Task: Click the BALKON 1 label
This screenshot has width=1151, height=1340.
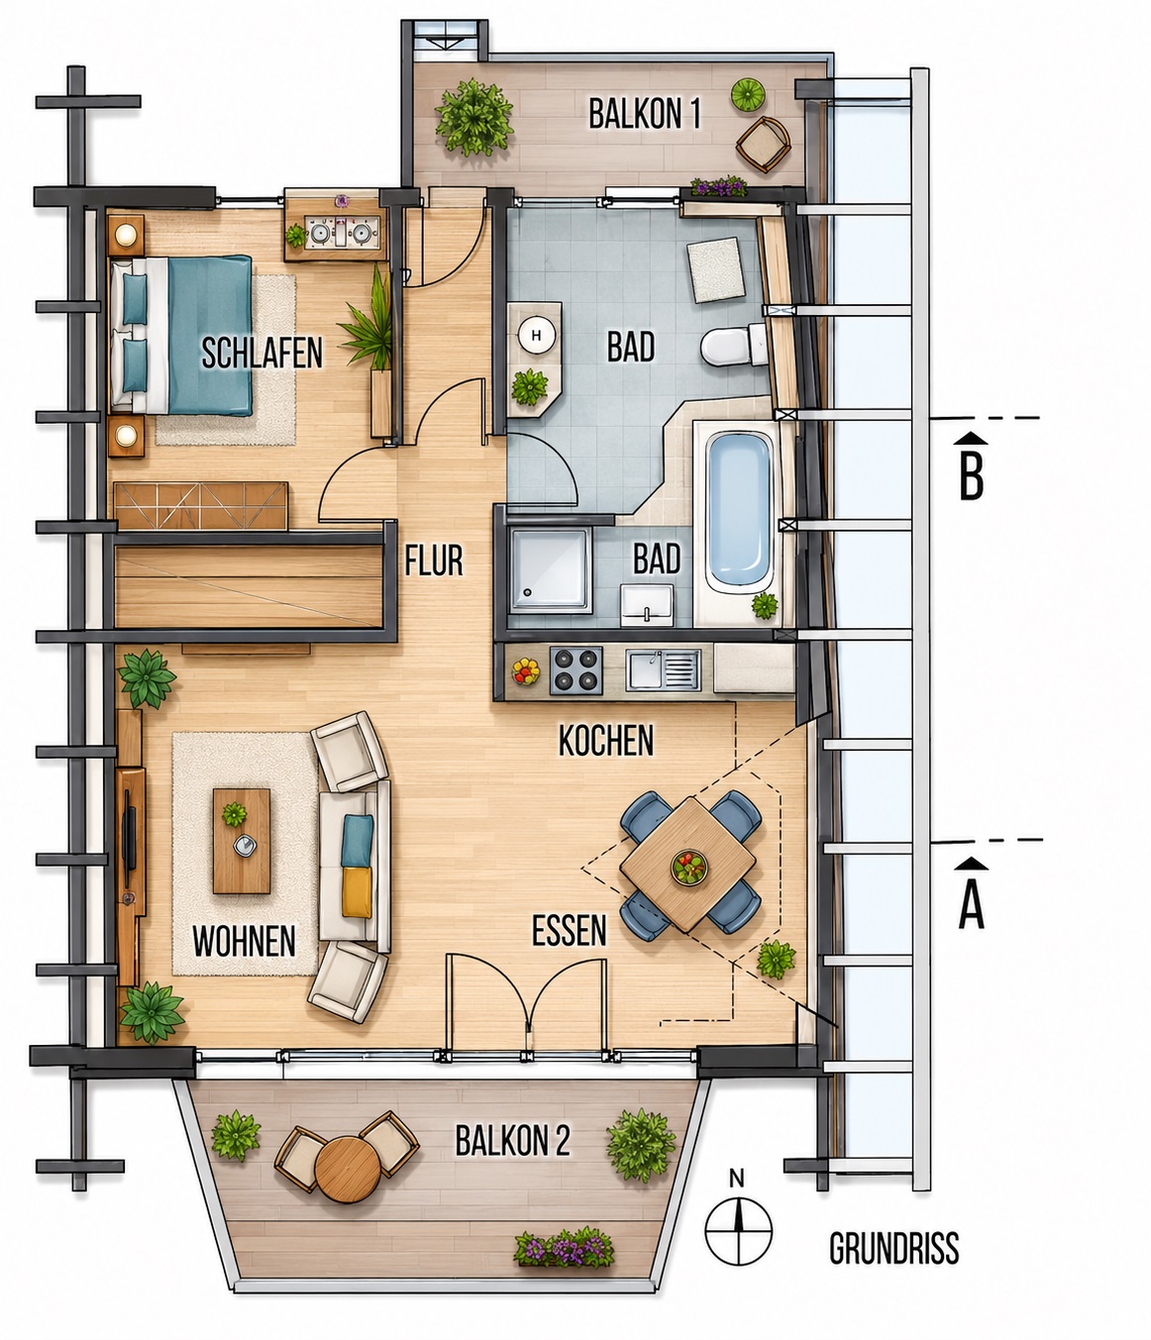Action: pos(644,114)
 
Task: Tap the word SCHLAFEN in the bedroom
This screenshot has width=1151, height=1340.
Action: pos(262,353)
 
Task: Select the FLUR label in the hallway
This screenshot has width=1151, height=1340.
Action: pos(434,561)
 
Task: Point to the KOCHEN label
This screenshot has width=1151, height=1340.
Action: pos(606,741)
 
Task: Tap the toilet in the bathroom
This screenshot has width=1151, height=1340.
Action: pos(734,345)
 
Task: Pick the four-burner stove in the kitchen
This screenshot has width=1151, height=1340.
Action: pos(575,670)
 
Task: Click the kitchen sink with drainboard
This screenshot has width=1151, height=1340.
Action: pos(663,670)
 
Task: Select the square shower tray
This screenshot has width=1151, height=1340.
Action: pos(551,569)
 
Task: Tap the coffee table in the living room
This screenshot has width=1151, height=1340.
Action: pos(242,841)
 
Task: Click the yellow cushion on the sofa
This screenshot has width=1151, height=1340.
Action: pos(357,892)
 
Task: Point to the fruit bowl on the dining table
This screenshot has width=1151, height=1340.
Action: pos(689,867)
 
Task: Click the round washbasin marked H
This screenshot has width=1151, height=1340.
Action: pos(536,335)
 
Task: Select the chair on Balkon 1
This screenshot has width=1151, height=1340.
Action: pos(763,144)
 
